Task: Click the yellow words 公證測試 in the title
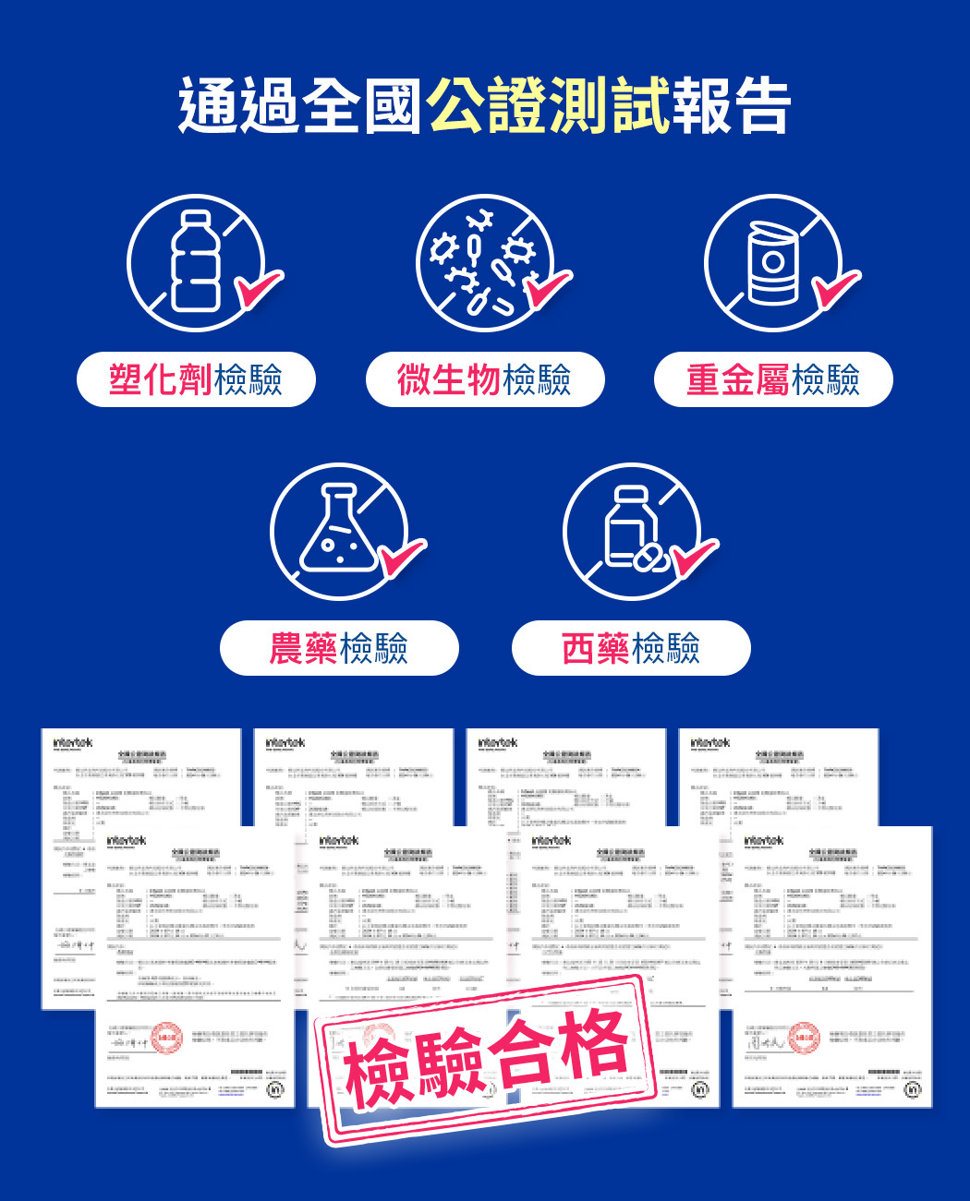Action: click(x=548, y=106)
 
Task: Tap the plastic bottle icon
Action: click(x=195, y=261)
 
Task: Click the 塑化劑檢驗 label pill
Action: click(x=196, y=379)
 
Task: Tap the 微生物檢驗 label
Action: click(x=485, y=379)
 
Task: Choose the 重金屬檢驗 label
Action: click(x=773, y=379)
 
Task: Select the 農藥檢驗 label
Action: click(x=339, y=648)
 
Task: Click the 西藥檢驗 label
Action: click(x=631, y=648)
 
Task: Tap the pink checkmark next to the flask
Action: click(x=402, y=558)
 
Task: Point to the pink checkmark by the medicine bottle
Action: click(x=694, y=558)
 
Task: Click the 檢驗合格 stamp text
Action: click(x=487, y=1057)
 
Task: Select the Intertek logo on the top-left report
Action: click(x=73, y=742)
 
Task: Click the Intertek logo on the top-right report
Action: click(x=710, y=742)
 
